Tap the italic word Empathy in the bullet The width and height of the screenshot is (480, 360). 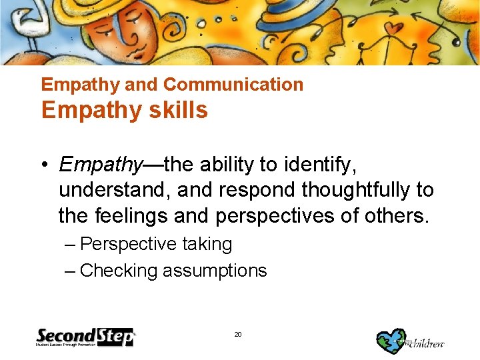pyautogui.click(x=101, y=164)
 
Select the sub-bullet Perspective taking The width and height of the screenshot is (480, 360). pyautogui.click(x=155, y=244)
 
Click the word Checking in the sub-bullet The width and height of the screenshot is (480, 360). pyautogui.click(x=119, y=271)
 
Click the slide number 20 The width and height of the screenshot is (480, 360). pyautogui.click(x=238, y=334)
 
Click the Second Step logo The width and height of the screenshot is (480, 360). pyautogui.click(x=85, y=337)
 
